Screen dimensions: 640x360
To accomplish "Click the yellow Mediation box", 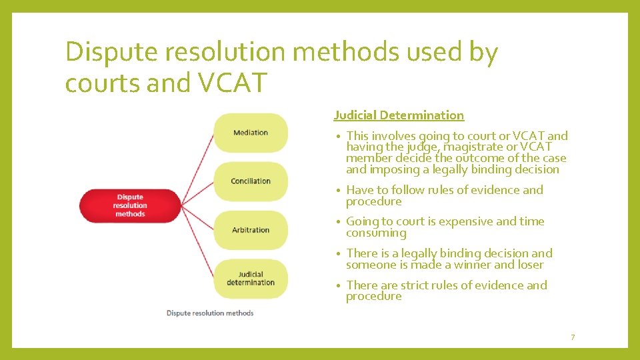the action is click(x=251, y=133).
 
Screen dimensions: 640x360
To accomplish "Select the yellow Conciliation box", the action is click(x=251, y=181).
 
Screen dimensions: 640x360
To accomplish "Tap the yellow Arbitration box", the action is click(x=251, y=230).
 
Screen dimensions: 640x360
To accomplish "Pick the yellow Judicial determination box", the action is click(x=251, y=278).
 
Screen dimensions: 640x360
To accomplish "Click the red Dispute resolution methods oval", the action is click(x=130, y=205).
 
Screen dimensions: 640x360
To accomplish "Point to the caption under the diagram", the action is click(x=210, y=313).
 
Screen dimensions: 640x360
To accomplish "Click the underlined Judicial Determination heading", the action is click(x=399, y=115).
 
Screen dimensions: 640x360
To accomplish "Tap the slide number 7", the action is click(x=572, y=337).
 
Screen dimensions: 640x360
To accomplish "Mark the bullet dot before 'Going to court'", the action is click(x=339, y=222).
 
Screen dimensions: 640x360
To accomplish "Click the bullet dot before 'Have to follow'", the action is click(x=339, y=191).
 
